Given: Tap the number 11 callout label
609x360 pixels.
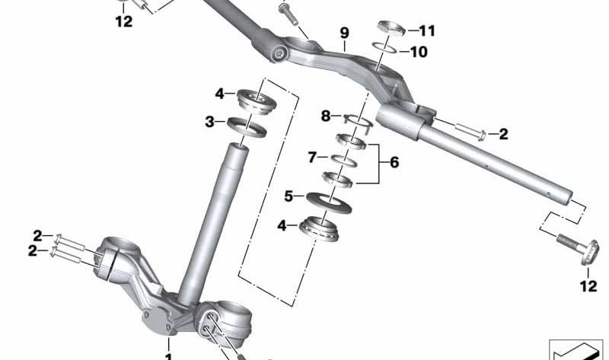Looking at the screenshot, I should pos(428,32).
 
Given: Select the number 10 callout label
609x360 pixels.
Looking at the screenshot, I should pos(419,53).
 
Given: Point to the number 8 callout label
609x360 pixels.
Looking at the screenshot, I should pos(326,116).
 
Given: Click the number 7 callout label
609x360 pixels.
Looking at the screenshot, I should pos(312,158).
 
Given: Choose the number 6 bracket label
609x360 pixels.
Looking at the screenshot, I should pos(394,162).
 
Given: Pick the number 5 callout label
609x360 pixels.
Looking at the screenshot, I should pos(289,196).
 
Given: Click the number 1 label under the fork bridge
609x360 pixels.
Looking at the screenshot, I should pos(168,355).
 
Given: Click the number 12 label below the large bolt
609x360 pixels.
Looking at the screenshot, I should pos(588,286).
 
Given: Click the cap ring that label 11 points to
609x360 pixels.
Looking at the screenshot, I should pos(391,29).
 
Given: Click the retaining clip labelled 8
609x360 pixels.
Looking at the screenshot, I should pos(356,118).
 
